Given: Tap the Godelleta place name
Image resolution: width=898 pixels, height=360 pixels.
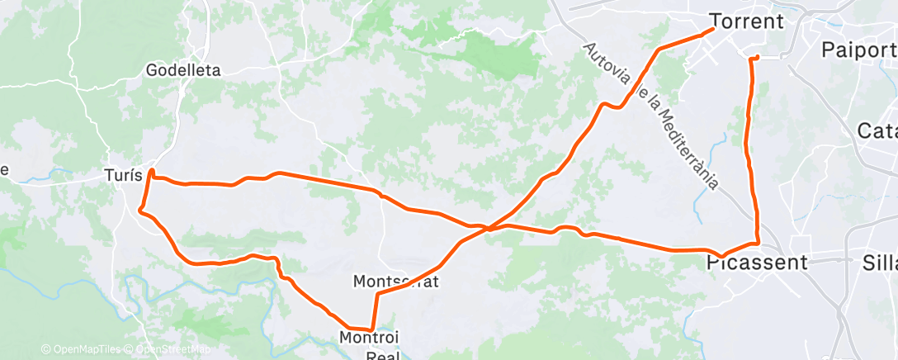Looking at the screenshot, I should pyautogui.click(x=183, y=70).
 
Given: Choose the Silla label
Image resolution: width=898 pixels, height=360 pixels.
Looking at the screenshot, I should pyautogui.click(x=879, y=263).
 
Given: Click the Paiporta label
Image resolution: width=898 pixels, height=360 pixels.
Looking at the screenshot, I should pyautogui.click(x=858, y=50).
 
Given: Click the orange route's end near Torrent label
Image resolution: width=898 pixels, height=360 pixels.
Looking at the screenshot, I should pyautogui.click(x=711, y=31).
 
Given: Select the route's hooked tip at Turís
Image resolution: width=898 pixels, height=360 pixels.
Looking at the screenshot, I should pyautogui.click(x=152, y=172).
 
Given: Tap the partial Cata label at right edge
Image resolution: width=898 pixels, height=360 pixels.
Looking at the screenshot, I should pyautogui.click(x=877, y=130).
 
